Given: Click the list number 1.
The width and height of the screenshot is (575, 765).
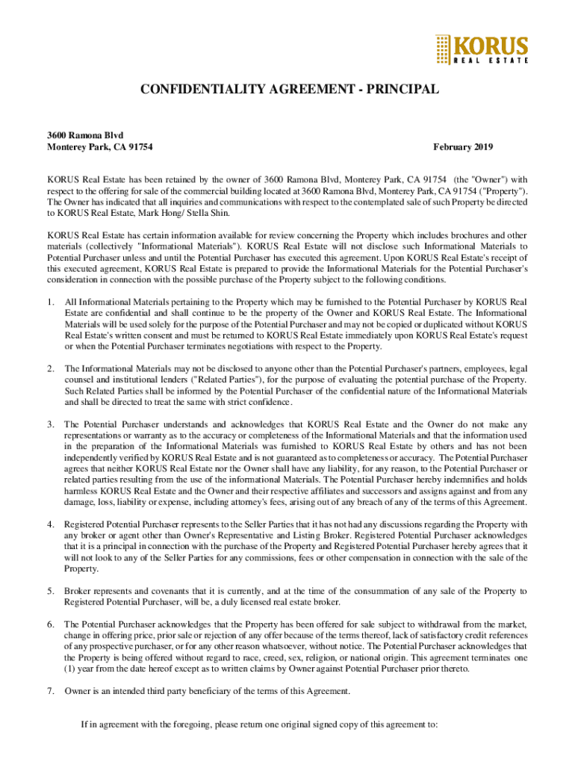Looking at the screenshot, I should tap(50, 302).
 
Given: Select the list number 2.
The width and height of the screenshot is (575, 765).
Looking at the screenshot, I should tap(50, 368).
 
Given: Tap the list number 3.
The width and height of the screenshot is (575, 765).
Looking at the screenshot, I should tap(50, 424).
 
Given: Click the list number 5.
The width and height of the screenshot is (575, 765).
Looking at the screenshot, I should tap(50, 591).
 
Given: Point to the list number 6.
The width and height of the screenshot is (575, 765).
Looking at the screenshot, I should tap(50, 624).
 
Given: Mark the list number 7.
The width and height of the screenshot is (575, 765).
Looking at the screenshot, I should tap(50, 691).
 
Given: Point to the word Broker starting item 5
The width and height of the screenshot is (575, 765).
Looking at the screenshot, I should tap(78, 591).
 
